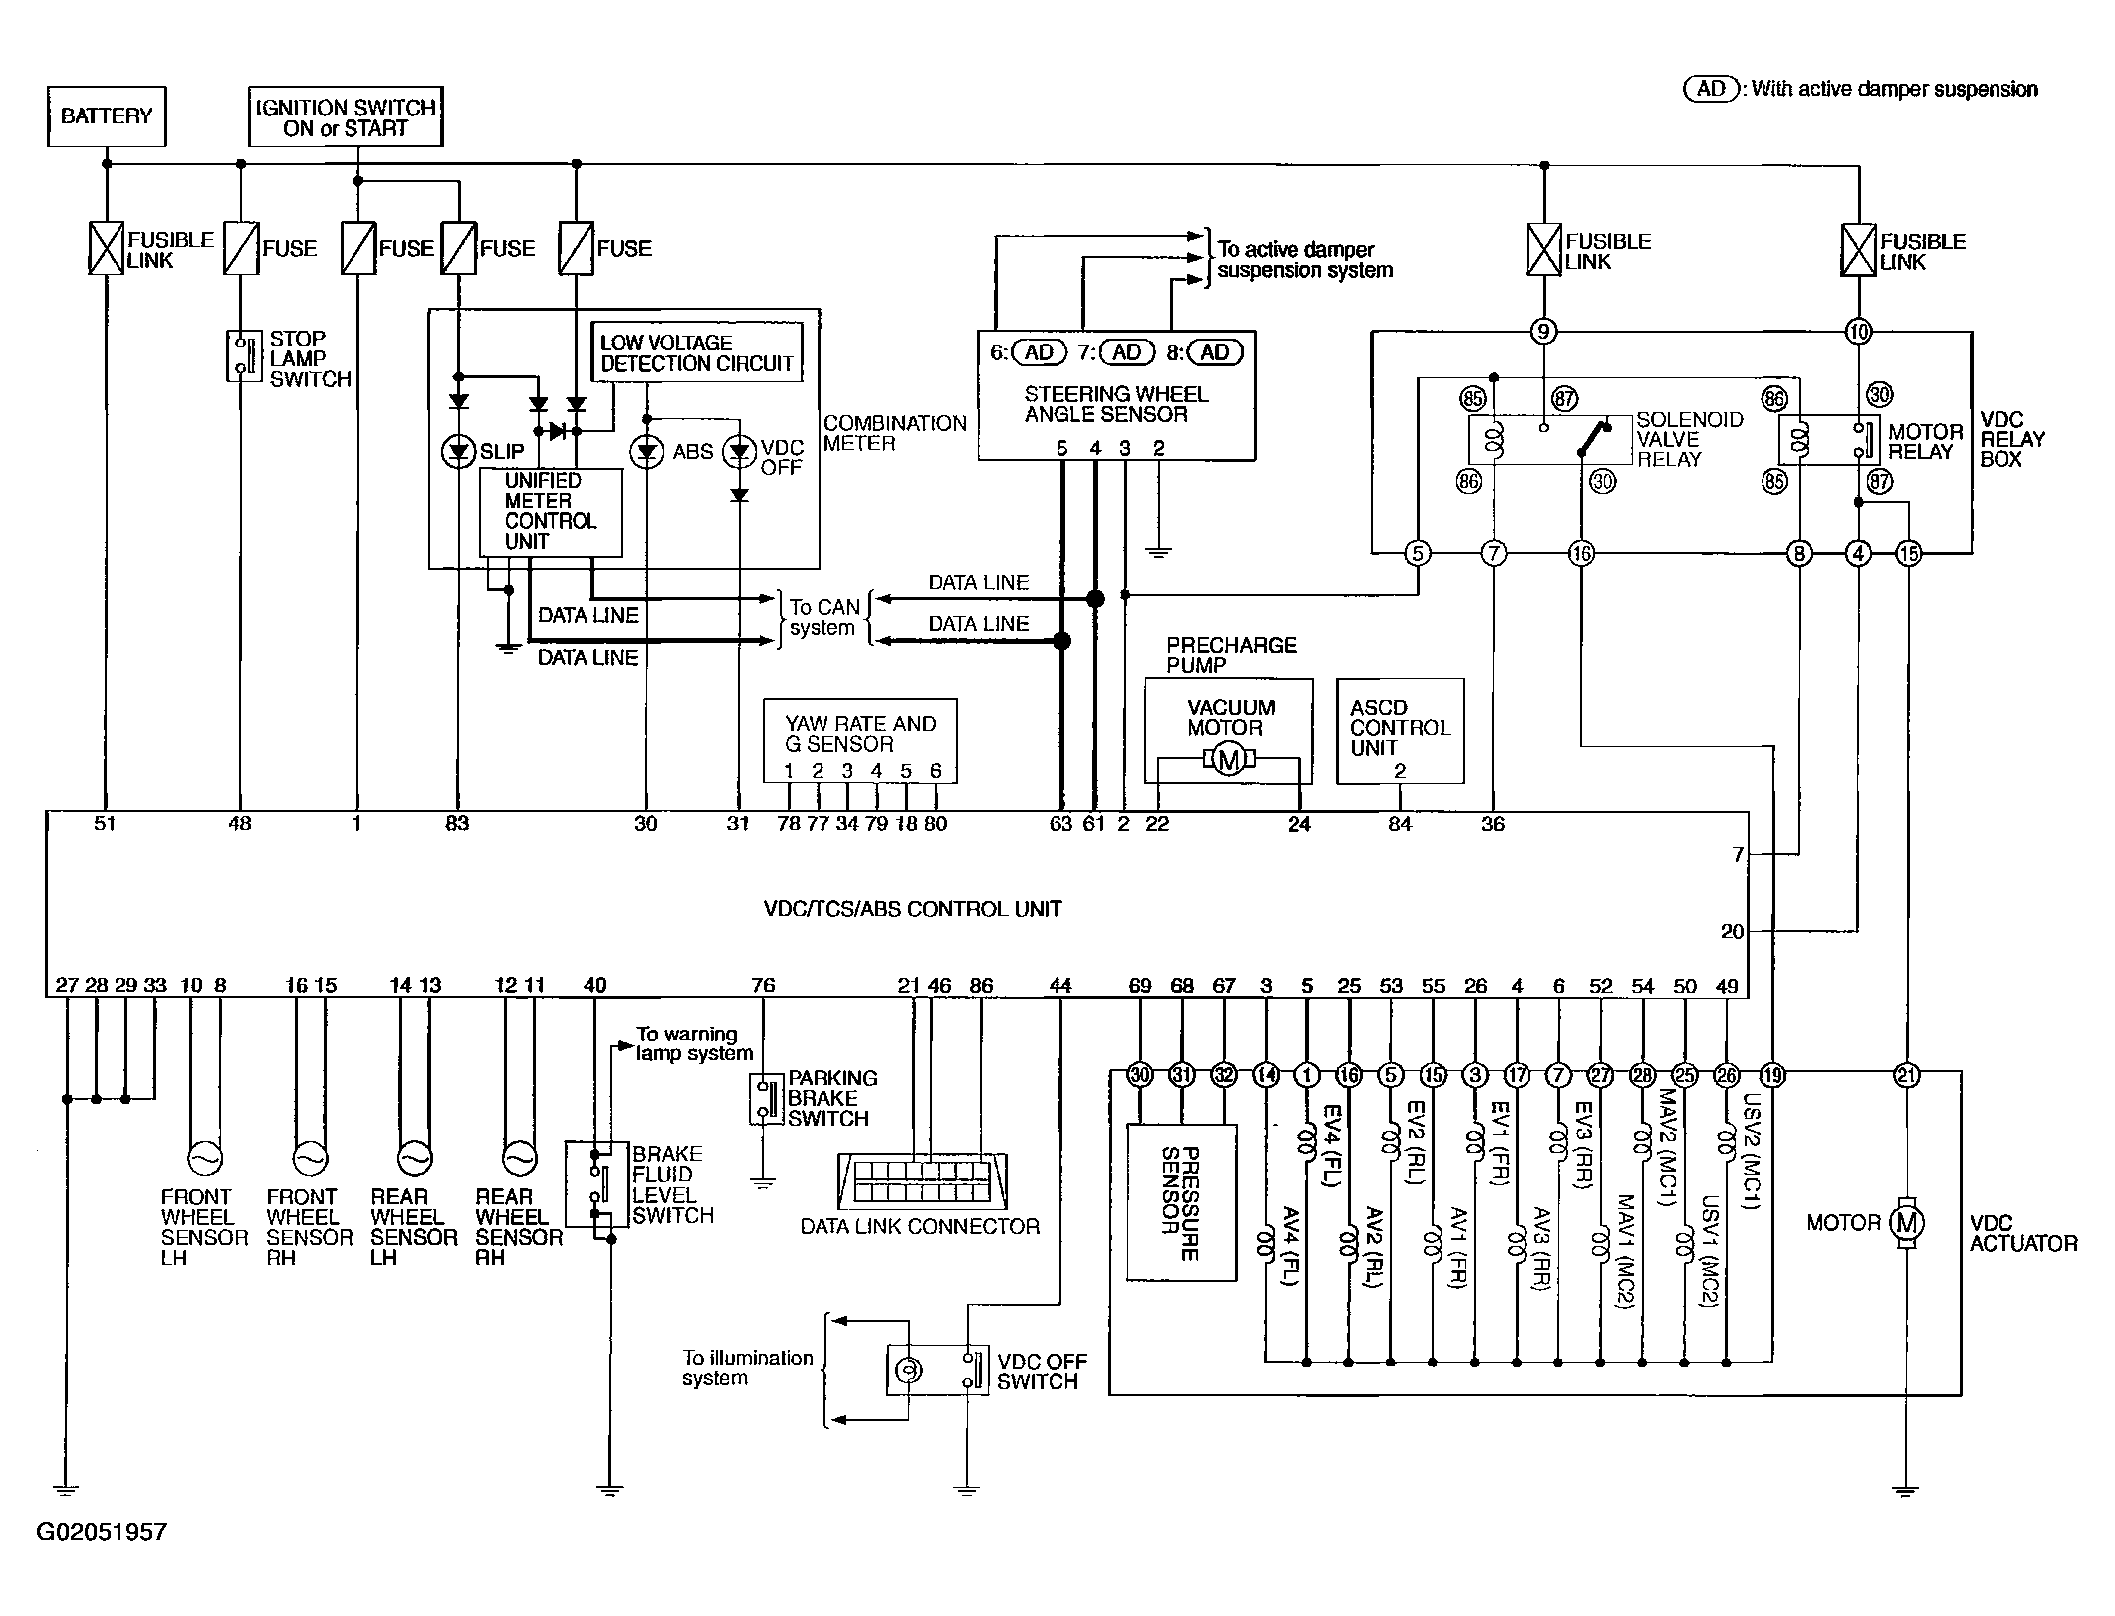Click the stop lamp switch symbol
pos(240,356)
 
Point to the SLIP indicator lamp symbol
pos(458,453)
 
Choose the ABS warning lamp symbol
pos(647,453)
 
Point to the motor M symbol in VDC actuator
pos(1907,1223)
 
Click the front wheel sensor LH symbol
pos(205,1158)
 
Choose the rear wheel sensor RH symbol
pos(519,1158)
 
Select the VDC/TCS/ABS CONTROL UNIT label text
pos(912,909)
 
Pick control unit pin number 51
pos(105,824)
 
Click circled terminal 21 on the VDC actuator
pos(1907,1075)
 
